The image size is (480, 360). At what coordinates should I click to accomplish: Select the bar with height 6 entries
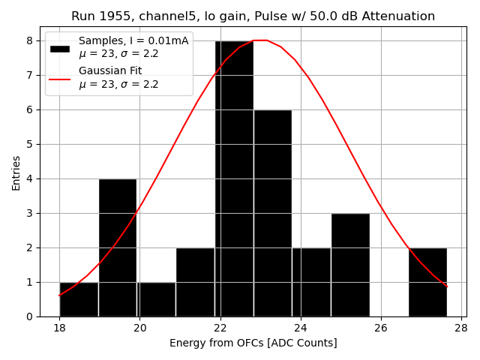272,214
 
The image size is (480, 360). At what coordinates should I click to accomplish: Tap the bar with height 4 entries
118,247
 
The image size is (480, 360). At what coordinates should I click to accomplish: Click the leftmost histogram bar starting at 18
79,299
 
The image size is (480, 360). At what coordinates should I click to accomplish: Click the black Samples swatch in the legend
60,48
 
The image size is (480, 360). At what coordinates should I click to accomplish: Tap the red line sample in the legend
60,78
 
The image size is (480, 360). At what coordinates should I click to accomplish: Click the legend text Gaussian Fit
110,71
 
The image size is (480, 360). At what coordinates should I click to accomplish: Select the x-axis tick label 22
220,328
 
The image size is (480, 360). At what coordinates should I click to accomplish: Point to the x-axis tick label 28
460,328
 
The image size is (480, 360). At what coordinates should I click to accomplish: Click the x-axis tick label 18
60,328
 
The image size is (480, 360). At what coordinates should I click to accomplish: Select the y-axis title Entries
16,172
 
